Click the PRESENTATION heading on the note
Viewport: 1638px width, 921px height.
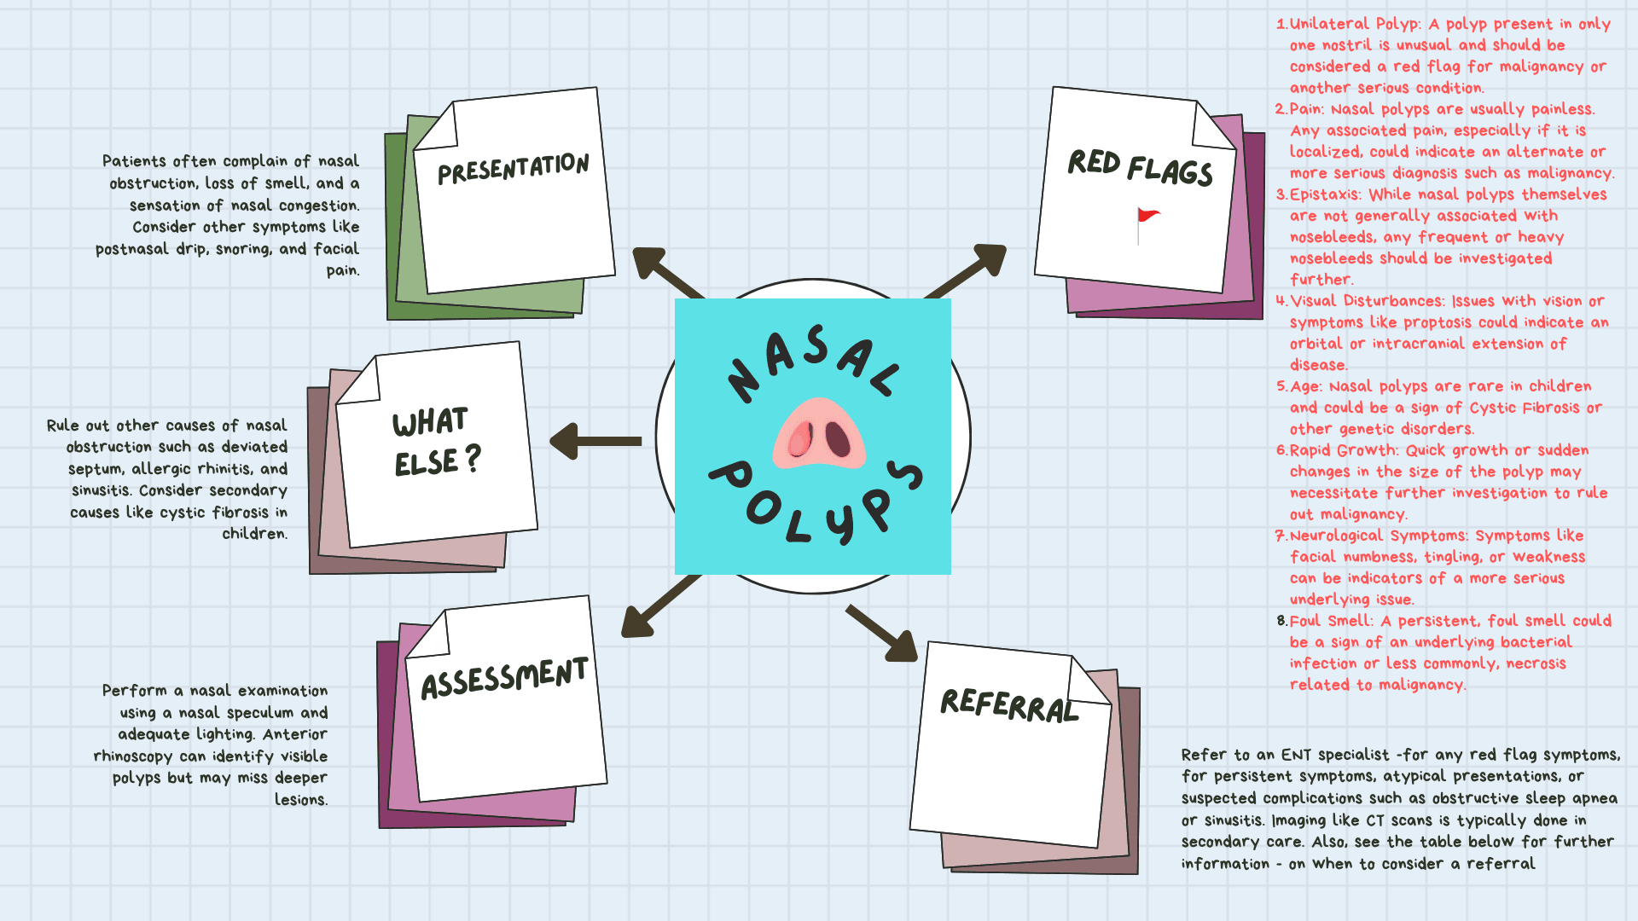click(513, 168)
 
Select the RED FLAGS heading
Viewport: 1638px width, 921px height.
click(1140, 167)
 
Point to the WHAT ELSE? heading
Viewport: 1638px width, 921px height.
click(436, 442)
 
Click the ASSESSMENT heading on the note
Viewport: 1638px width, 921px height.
click(504, 678)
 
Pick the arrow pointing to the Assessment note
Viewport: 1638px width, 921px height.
click(660, 606)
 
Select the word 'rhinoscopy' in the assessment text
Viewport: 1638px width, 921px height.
click(133, 756)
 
